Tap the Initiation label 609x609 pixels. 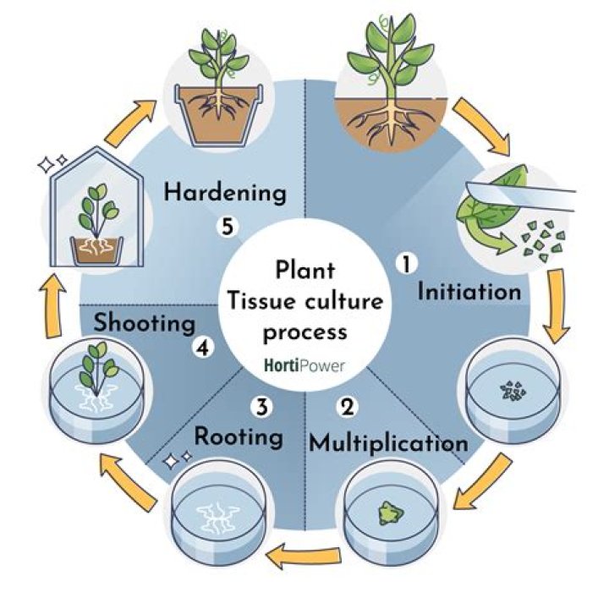tap(470, 293)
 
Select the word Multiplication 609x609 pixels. tap(388, 442)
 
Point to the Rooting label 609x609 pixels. tap(238, 436)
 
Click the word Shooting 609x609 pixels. tap(145, 322)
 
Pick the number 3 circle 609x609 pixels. tap(262, 407)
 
